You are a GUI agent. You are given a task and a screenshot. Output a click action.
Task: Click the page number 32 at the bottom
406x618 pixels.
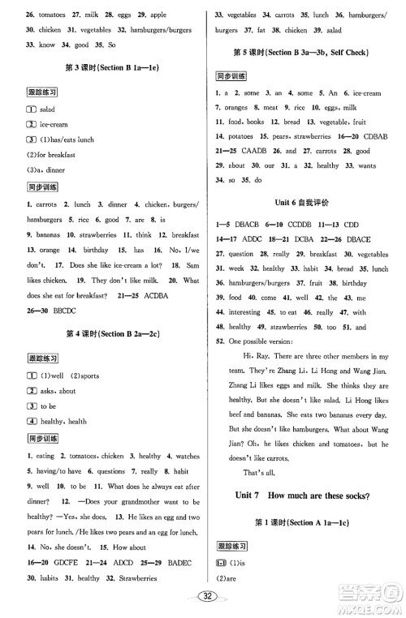pos(202,597)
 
